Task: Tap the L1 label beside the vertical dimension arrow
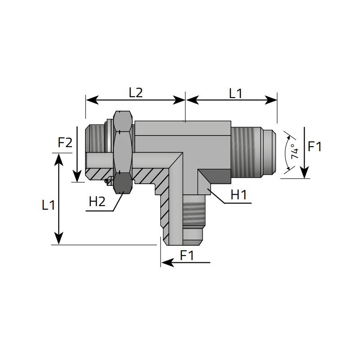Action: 48,205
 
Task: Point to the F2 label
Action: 65,143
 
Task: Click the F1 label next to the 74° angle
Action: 315,146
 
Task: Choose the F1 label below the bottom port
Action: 187,256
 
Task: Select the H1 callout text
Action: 238,195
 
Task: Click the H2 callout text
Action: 97,202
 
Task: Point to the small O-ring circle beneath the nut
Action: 107,181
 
